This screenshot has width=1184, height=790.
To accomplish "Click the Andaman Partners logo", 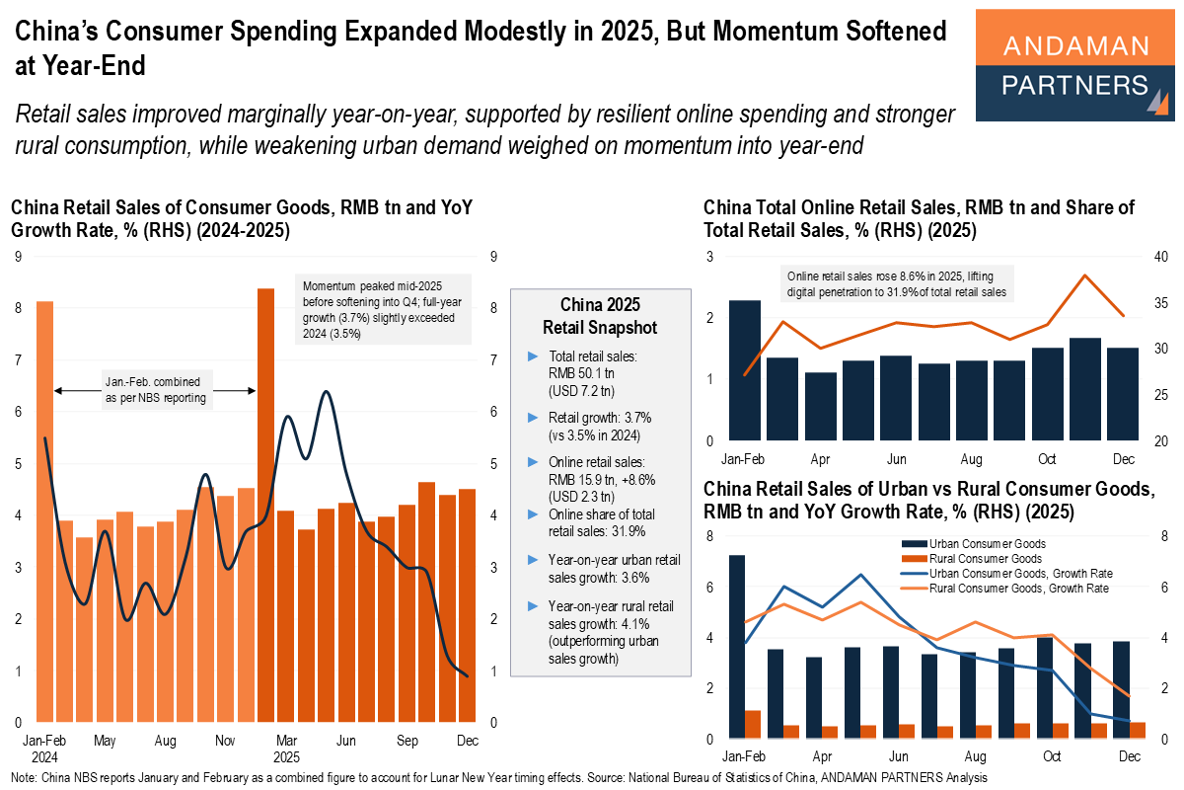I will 1074,65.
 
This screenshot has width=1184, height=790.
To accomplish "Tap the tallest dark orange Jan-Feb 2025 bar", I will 265,504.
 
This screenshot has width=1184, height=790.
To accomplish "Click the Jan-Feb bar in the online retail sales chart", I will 745,370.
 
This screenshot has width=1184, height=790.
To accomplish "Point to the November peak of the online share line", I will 1085,276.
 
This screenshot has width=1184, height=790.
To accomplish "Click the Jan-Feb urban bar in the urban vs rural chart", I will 737,647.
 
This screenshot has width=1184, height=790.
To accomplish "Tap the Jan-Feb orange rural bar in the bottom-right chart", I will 753,724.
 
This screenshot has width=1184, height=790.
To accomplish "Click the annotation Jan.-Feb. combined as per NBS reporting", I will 155,391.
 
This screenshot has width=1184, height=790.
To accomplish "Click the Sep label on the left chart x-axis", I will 407,740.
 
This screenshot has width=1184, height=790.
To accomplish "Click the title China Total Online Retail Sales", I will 918,219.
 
